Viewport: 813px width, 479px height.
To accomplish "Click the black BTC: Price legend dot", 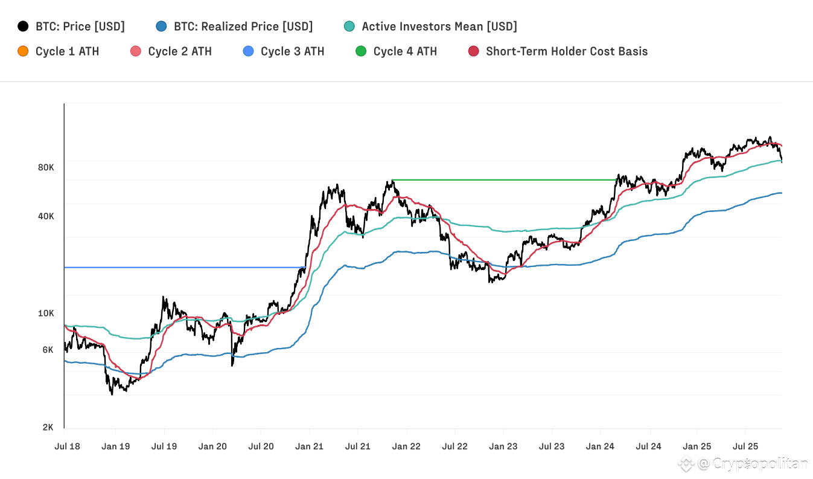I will click(x=24, y=27).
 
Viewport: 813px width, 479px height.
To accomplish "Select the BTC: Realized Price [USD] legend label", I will click(x=243, y=27).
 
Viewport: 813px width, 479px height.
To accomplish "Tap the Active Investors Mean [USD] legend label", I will click(x=439, y=27).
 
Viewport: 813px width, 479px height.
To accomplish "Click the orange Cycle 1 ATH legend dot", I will click(x=24, y=51).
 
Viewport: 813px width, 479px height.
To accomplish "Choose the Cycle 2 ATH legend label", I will click(x=179, y=51).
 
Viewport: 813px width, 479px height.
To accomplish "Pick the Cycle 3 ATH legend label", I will click(x=292, y=51).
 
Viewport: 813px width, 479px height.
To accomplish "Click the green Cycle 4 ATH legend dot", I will click(x=361, y=51).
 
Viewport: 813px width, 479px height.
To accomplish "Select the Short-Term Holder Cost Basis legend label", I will click(x=566, y=51).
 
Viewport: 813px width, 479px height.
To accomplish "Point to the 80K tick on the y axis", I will click(x=46, y=167).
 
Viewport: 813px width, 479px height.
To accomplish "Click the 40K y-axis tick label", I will click(x=46, y=216).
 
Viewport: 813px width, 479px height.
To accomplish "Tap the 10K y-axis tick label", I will click(x=46, y=313).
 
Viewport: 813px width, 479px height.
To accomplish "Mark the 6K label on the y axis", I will click(x=48, y=350).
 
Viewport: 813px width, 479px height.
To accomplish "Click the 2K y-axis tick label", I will click(x=48, y=428).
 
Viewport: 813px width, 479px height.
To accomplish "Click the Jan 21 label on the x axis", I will click(x=310, y=446).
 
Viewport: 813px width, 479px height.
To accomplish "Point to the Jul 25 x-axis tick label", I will click(x=745, y=446).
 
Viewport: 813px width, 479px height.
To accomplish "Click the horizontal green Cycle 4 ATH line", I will click(x=504, y=180).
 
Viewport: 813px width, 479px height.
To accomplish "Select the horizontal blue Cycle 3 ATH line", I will click(x=181, y=267).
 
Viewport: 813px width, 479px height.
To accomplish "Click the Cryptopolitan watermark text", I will click(x=759, y=464).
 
